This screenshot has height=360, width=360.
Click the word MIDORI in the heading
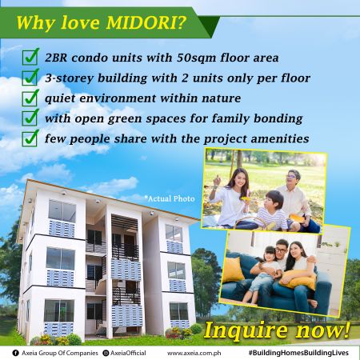click(x=146, y=22)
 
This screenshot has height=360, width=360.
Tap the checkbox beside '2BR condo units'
click(x=30, y=57)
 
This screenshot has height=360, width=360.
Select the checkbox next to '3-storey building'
click(x=30, y=78)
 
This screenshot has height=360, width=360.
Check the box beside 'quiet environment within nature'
click(x=30, y=98)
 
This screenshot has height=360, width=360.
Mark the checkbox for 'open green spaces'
click(x=30, y=118)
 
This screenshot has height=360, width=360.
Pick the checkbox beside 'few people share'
click(x=30, y=138)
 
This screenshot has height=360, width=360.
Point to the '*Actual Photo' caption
click(x=170, y=198)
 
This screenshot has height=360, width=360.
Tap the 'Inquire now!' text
click(x=277, y=330)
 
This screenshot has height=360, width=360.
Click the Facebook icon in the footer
click(x=15, y=353)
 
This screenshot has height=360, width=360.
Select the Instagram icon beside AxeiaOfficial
click(x=106, y=353)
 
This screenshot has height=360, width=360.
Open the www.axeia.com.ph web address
click(x=194, y=353)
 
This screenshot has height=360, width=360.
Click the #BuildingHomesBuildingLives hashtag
click(x=298, y=353)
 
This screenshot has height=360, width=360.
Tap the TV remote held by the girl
click(x=259, y=259)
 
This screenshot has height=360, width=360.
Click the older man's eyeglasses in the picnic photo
click(x=293, y=177)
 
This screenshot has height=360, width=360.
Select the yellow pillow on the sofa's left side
click(x=234, y=270)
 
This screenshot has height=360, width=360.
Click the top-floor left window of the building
click(x=62, y=211)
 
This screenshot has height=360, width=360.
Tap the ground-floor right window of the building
click(x=178, y=311)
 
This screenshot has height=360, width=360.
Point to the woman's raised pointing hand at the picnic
click(x=217, y=181)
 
